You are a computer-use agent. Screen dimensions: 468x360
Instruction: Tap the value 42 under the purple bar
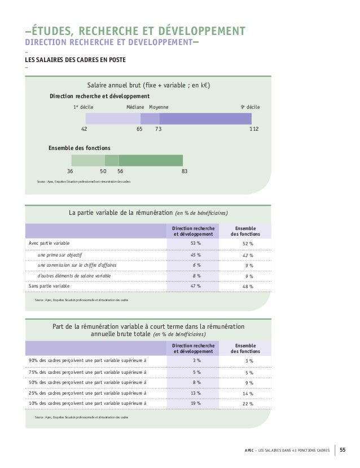[84, 129]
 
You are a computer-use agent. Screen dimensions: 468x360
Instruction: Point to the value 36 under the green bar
[71, 171]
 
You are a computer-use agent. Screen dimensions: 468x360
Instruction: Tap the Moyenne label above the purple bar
[159, 106]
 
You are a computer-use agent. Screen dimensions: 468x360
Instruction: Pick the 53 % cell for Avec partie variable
[196, 243]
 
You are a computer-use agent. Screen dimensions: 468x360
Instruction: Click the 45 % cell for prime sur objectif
[196, 254]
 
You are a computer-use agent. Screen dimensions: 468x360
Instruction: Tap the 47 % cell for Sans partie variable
[196, 286]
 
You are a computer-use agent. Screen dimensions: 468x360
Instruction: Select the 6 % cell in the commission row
[196, 265]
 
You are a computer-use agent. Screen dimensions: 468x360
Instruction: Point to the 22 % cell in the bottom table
[248, 403]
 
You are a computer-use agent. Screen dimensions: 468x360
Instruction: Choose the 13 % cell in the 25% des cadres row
[196, 392]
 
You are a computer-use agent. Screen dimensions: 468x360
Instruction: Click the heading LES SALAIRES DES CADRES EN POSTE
[74, 60]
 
